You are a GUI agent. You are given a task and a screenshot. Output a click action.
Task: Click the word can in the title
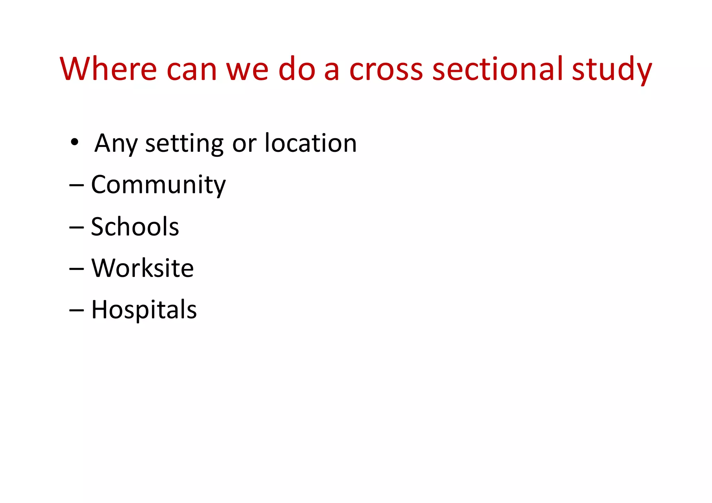[192, 69]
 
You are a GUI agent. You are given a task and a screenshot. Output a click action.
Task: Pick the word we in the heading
[247, 69]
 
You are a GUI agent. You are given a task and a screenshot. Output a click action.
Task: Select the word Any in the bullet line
[116, 143]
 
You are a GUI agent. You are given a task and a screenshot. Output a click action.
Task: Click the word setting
[184, 143]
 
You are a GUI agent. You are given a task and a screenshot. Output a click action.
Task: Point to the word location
[310, 142]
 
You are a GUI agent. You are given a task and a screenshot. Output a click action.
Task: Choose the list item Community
[158, 185]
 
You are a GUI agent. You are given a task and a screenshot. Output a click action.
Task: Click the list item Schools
[135, 226]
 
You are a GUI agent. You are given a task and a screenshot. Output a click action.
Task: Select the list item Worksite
[143, 268]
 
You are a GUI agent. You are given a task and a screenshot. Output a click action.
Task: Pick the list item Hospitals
[144, 310]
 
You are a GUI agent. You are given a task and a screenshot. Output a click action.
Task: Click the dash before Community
[76, 186]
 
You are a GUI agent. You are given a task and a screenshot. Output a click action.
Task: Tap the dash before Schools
[76, 228]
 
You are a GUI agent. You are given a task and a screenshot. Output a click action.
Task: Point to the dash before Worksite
[76, 269]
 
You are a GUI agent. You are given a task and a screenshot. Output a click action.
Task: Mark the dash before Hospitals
[76, 310]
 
